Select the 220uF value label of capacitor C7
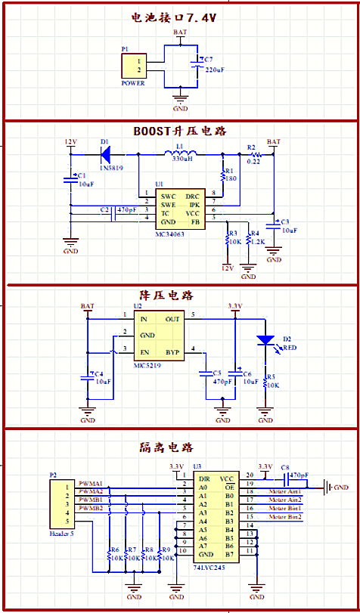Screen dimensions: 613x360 pos(215,70)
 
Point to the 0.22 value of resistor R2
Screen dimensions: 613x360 pos(254,161)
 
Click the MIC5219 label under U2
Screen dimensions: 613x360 pos(149,365)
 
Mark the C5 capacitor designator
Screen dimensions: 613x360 pos(216,373)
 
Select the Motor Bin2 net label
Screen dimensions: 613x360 pos(285,516)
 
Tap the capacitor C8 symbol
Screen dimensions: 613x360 pos(285,478)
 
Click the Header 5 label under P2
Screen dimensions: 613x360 pos(64,534)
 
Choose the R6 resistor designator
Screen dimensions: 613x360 pos(114,550)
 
